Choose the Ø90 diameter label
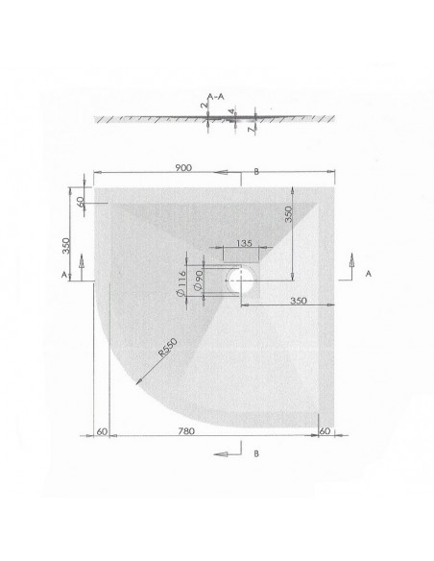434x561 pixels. coord(196,281)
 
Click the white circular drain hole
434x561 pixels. coord(241,280)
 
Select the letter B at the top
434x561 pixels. coord(257,172)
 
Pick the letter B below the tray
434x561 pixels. coord(257,451)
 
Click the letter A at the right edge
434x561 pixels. coord(369,273)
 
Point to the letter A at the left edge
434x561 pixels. coord(63,274)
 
